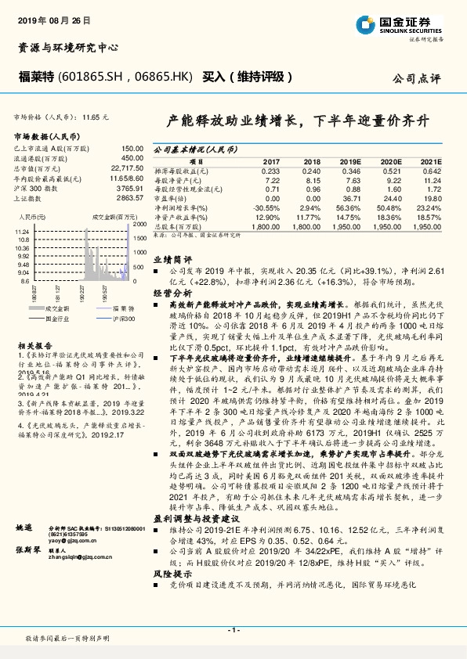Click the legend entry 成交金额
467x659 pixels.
40,308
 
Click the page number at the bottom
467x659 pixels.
233,630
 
